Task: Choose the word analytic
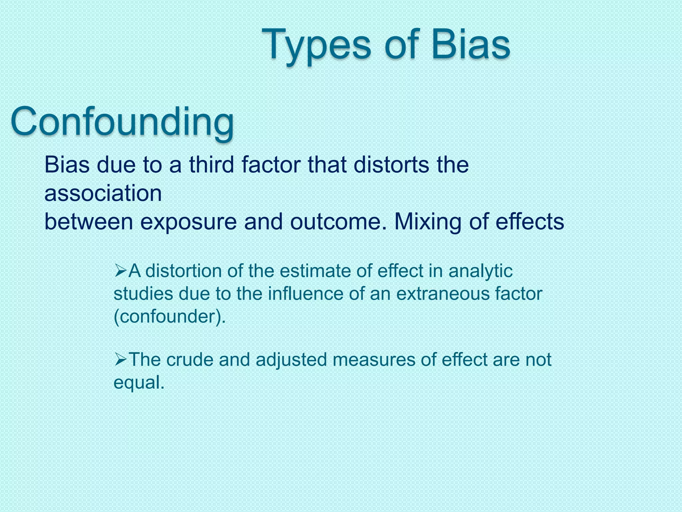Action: pyautogui.click(x=480, y=271)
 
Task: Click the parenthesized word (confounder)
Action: pyautogui.click(x=170, y=316)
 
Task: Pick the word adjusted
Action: pyautogui.click(x=291, y=360)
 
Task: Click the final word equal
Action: pyautogui.click(x=139, y=382)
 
